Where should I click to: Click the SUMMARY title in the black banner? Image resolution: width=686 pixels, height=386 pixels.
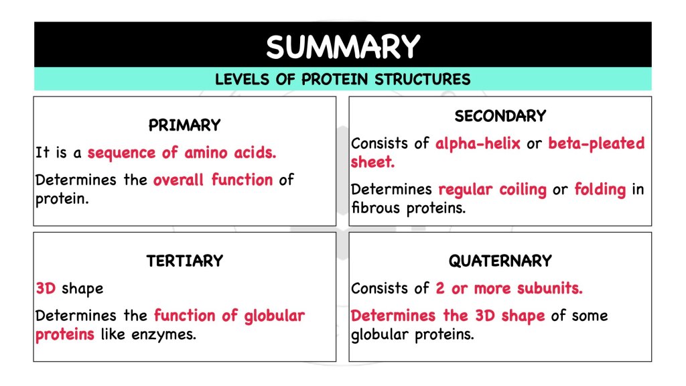click(x=342, y=47)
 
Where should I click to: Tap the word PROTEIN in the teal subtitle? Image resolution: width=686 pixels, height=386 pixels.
click(x=336, y=80)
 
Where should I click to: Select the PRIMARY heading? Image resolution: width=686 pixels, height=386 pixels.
click(x=184, y=125)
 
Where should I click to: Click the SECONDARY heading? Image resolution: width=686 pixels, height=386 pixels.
click(x=500, y=117)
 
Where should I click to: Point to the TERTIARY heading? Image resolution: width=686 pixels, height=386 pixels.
click(x=184, y=261)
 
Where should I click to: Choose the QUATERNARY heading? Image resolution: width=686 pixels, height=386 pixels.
click(x=500, y=261)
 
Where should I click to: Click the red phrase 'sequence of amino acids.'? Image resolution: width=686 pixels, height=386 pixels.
click(x=182, y=153)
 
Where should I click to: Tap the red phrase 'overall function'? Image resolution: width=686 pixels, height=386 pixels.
click(x=212, y=180)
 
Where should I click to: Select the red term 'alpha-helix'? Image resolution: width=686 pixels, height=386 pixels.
click(x=478, y=143)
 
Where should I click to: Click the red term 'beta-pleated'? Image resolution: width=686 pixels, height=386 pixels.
click(x=596, y=143)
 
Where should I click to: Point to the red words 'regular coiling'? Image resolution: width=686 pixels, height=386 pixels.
click(x=492, y=190)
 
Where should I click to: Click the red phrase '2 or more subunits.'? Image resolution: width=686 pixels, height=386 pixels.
click(x=509, y=289)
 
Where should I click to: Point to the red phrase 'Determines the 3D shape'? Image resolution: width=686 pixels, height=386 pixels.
click(x=448, y=316)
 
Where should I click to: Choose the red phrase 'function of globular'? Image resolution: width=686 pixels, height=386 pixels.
click(x=229, y=316)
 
